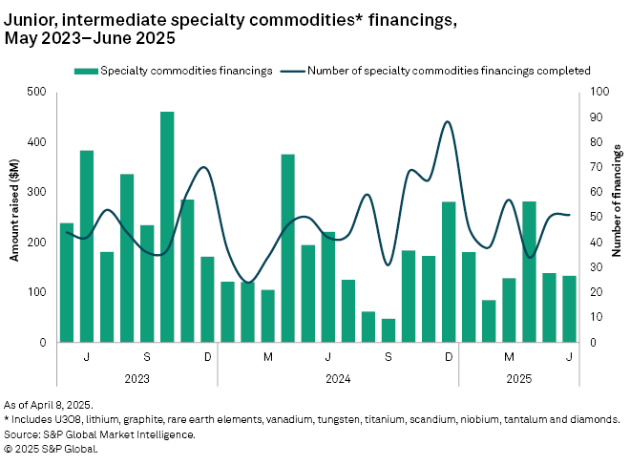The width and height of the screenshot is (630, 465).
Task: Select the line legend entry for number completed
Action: (449, 70)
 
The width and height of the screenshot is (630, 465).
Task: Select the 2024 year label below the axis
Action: (338, 377)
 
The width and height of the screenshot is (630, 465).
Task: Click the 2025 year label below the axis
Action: (519, 377)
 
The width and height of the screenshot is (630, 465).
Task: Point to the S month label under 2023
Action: (147, 356)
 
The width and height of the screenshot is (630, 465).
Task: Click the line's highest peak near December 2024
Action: (448, 121)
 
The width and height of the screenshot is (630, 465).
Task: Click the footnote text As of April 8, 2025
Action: (56, 405)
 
